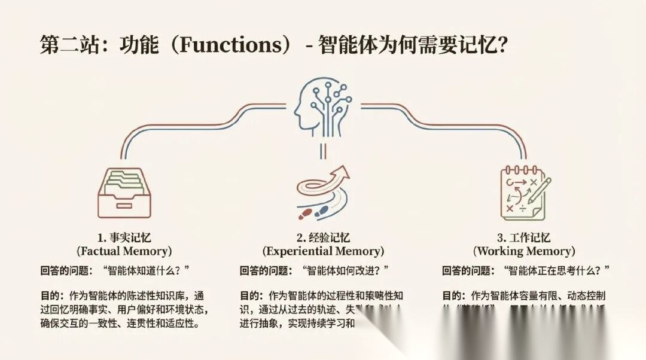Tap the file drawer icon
pos(124,193)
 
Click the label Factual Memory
pos(124,251)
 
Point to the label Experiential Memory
pos(323,251)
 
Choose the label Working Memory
pos(524,251)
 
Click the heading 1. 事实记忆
pos(124,237)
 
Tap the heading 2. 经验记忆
pos(323,237)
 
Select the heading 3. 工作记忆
pos(524,237)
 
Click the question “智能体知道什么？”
pos(146,270)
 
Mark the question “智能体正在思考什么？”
pos(557,270)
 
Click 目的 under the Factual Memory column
pos(48,295)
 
